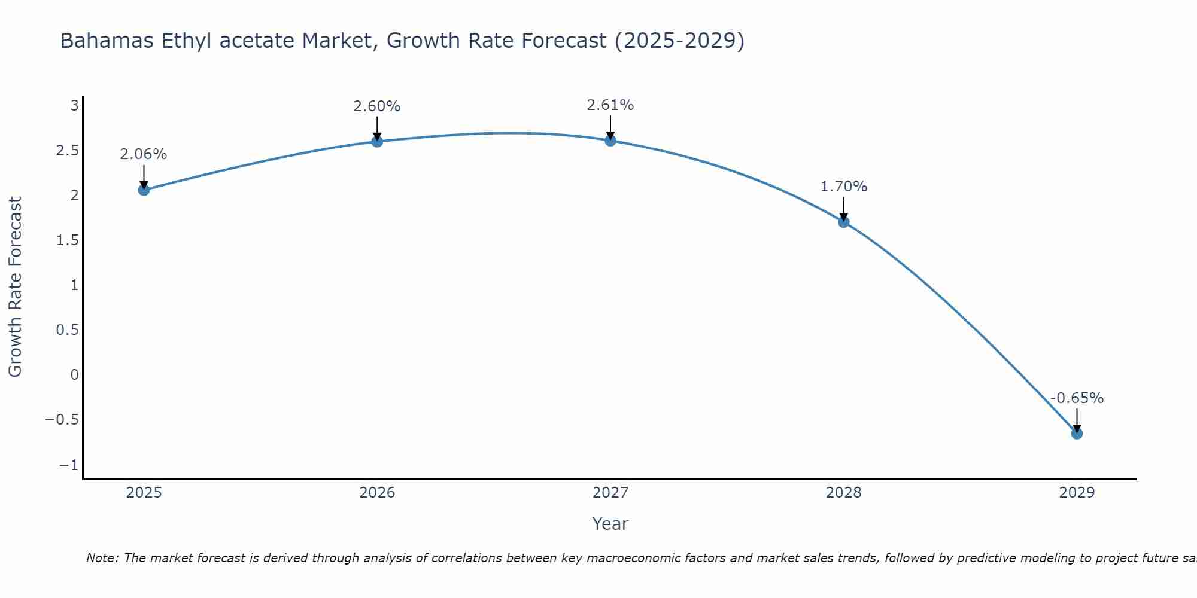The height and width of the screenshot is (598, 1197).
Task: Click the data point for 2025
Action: pos(144,190)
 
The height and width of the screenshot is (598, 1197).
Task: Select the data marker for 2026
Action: pos(377,142)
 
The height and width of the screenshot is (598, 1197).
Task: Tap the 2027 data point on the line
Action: pos(610,141)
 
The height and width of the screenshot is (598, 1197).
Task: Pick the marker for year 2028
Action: pos(844,222)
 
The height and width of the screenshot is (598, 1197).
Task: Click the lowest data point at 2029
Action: pos(1077,434)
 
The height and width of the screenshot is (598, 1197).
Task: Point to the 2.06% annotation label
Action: pos(144,154)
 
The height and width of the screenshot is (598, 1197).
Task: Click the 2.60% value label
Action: pos(377,106)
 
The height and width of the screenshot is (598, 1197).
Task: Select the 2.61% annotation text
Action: pos(610,105)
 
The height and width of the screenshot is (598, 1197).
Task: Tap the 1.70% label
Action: pos(844,187)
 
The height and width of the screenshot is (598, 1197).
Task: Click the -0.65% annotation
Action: pos(1077,398)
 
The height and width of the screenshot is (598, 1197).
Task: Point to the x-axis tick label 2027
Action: pos(610,493)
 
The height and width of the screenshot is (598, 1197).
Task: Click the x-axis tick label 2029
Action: pos(1077,493)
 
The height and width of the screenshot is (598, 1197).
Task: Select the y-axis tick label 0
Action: pos(74,375)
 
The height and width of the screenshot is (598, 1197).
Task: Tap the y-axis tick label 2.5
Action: pos(68,151)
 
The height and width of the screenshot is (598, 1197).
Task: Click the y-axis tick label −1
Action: pos(69,465)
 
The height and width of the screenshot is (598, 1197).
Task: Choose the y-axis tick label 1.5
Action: pos(68,240)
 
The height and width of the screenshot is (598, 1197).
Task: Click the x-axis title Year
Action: pos(610,524)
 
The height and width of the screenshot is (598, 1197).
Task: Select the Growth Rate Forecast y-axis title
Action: pos(16,287)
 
